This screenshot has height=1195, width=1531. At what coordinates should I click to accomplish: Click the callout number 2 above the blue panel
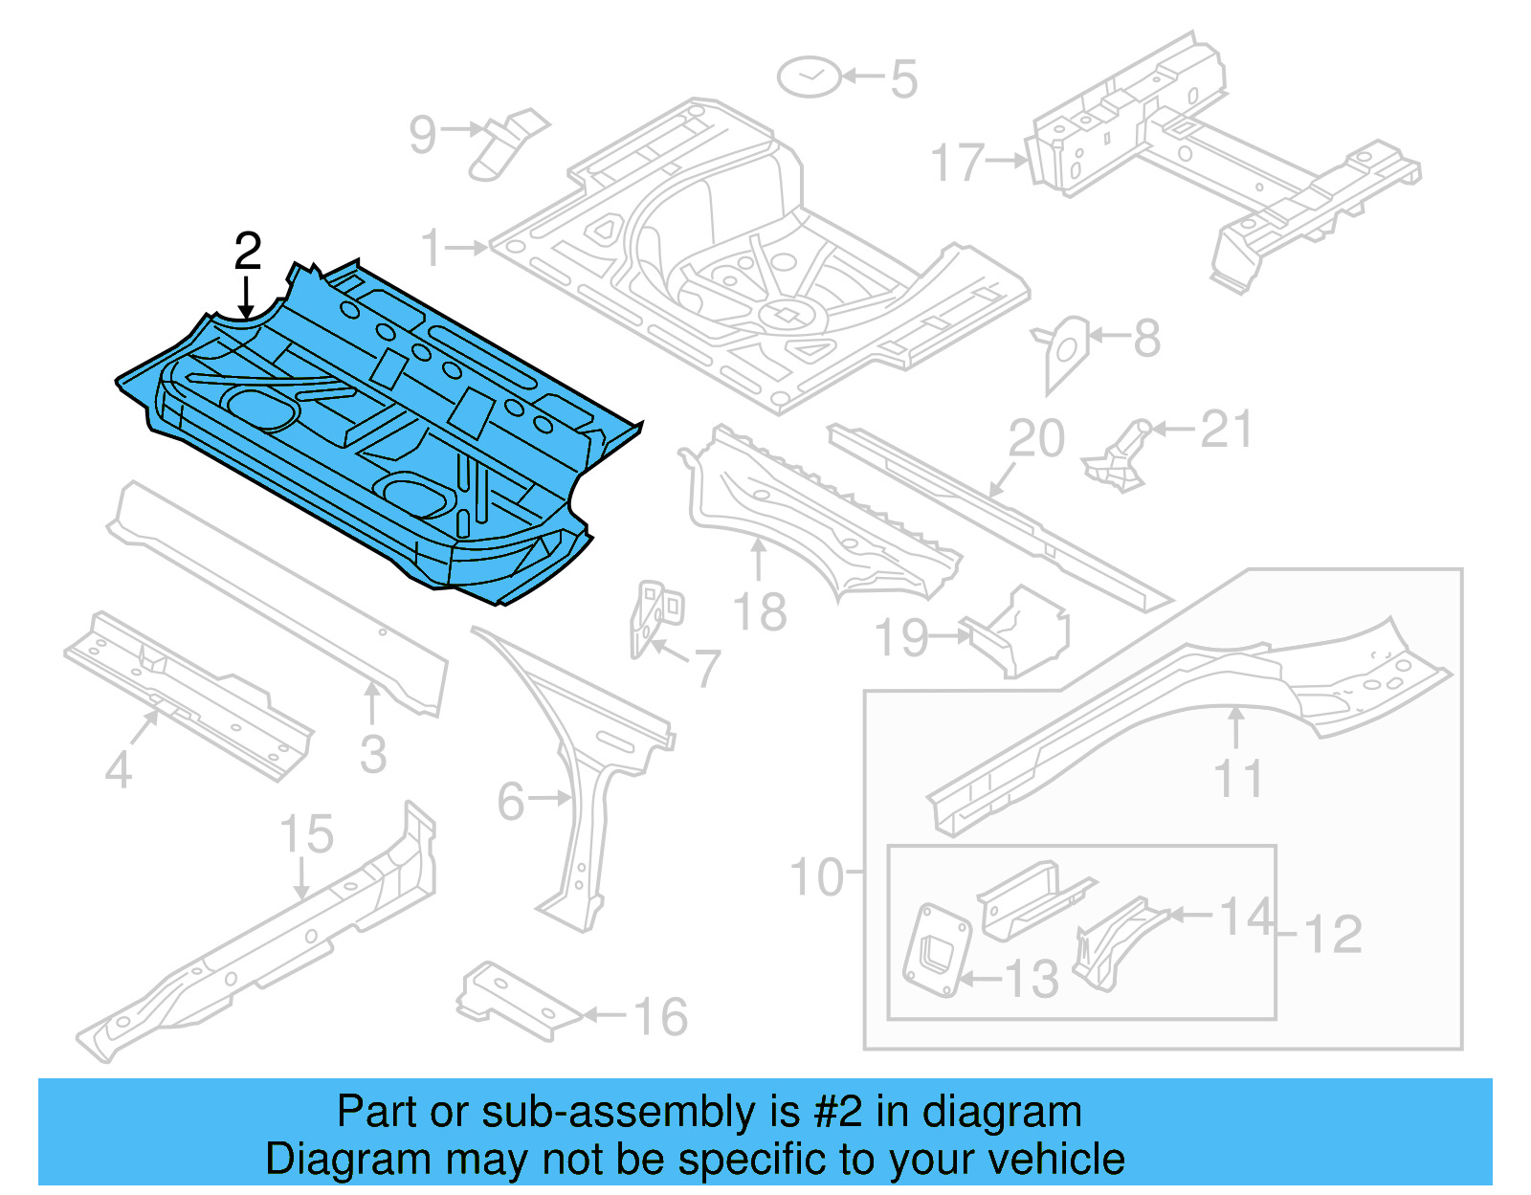pyautogui.click(x=247, y=252)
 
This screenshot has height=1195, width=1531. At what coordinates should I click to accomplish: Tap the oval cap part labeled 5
pyautogui.click(x=809, y=77)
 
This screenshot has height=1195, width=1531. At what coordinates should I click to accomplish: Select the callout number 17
pyautogui.click(x=958, y=162)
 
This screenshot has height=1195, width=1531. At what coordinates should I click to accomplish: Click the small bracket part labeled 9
pyautogui.click(x=507, y=144)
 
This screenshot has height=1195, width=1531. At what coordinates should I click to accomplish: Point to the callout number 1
pyautogui.click(x=432, y=247)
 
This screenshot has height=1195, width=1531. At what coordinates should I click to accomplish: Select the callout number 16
pyautogui.click(x=660, y=1016)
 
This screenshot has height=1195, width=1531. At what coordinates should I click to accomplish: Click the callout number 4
pyautogui.click(x=118, y=768)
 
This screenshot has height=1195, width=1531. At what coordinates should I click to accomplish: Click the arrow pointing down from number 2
pyautogui.click(x=247, y=297)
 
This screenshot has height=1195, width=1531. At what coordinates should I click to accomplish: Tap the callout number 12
pyautogui.click(x=1333, y=934)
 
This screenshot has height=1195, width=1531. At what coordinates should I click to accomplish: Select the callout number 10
pyautogui.click(x=816, y=875)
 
